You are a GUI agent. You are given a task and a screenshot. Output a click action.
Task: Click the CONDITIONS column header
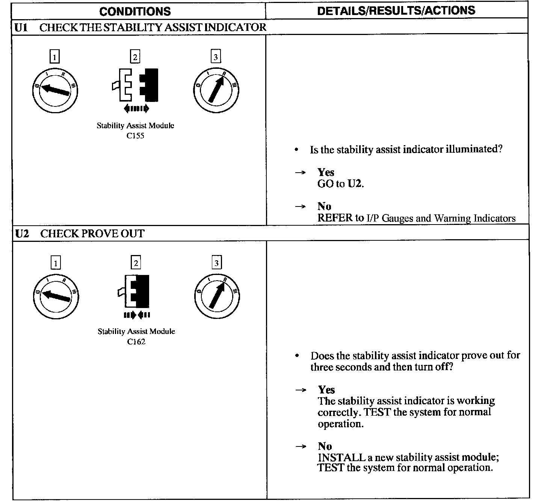click(135, 11)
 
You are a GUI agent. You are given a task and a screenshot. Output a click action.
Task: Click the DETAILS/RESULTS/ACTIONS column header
click(396, 11)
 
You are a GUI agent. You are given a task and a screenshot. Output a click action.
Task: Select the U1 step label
click(21, 27)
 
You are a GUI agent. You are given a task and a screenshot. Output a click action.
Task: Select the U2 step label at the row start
click(22, 234)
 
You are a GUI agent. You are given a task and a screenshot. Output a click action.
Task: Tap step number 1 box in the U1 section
click(55, 57)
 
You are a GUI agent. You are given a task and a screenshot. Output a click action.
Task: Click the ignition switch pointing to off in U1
click(55, 91)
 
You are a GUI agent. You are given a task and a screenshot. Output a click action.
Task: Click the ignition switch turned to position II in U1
click(216, 91)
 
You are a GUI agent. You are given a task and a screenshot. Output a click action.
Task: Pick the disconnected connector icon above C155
click(136, 86)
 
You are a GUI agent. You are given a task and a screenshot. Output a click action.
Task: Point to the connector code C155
click(135, 136)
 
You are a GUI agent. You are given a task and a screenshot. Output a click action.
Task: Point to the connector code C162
click(136, 342)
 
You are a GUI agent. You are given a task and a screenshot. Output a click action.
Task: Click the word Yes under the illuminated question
click(326, 172)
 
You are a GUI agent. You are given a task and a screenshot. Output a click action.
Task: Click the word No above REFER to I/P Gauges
click(324, 206)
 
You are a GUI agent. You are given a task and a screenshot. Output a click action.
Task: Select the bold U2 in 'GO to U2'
click(355, 184)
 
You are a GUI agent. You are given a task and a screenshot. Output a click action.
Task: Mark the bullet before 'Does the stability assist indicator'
click(297, 355)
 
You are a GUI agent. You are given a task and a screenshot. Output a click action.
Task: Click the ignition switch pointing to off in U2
click(56, 296)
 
